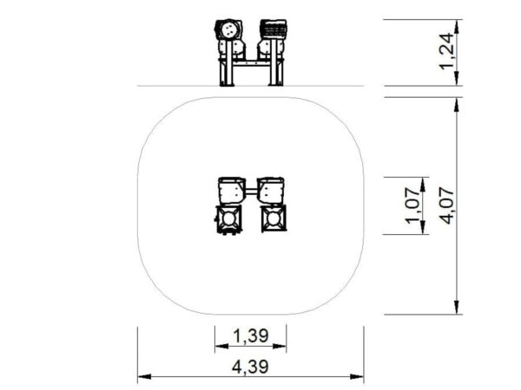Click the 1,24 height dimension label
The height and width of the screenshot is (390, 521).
click(446, 51)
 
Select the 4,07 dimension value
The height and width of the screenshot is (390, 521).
click(446, 205)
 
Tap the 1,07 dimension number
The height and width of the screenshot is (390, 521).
click(412, 205)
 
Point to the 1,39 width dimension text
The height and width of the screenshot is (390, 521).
click(251, 335)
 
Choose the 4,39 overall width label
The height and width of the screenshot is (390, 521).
click(250, 367)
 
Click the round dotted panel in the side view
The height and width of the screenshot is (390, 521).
click(228, 31)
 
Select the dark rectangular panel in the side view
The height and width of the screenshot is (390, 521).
click(274, 29)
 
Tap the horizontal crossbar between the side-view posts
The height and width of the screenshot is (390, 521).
click(250, 63)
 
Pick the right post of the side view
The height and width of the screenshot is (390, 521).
click(274, 62)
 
